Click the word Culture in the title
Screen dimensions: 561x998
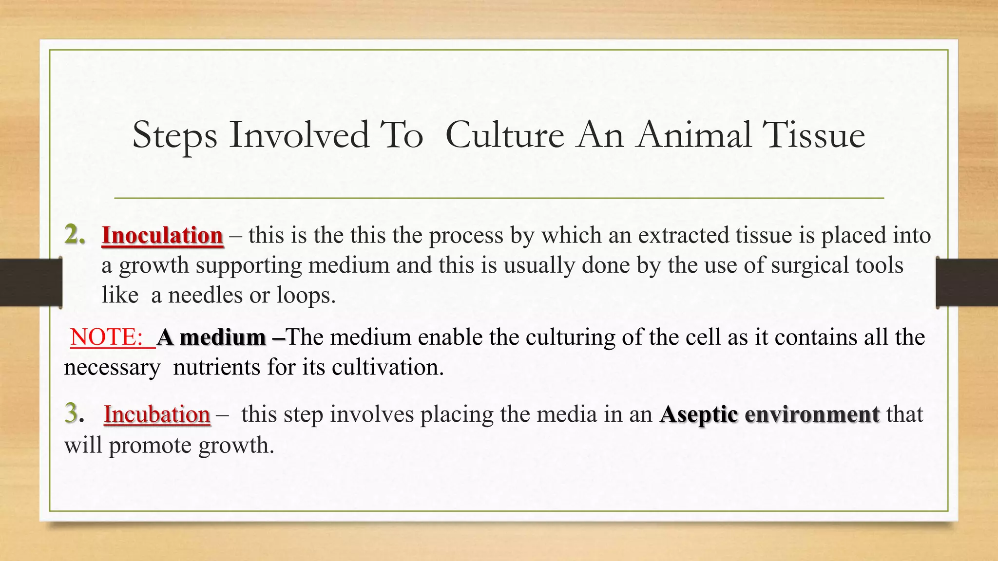(x=504, y=135)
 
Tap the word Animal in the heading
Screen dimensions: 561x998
(x=693, y=135)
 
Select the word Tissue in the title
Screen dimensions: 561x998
(x=813, y=135)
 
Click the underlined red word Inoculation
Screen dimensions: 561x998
(x=162, y=236)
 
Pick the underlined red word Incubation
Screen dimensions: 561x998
(x=157, y=415)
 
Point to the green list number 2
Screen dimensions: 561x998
(x=74, y=235)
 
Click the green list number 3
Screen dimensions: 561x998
(x=72, y=414)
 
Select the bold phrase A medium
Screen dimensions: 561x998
(x=211, y=337)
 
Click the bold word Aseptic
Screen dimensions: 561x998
(x=699, y=415)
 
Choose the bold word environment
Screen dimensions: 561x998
(x=812, y=415)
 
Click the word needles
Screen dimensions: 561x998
(x=205, y=296)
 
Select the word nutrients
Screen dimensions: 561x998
(x=216, y=368)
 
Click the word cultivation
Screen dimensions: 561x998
(x=387, y=368)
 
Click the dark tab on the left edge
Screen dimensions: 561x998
(x=31, y=282)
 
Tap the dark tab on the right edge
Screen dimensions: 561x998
(x=967, y=282)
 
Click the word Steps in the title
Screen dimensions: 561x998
(x=174, y=136)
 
